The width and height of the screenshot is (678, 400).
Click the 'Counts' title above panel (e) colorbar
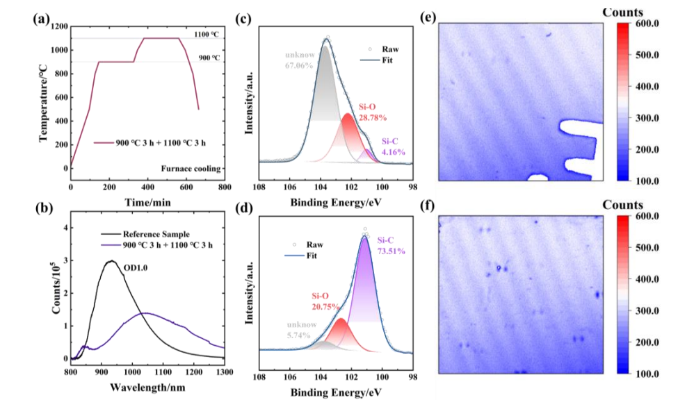pos(622,12)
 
